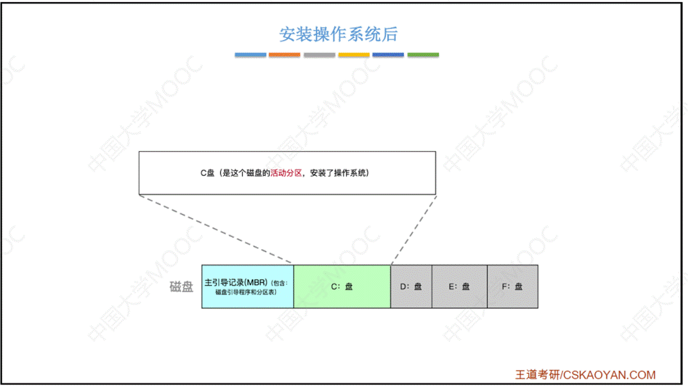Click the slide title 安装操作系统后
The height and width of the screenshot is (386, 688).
point(339,33)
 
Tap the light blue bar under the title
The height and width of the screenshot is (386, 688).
point(251,55)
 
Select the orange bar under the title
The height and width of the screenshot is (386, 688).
point(285,55)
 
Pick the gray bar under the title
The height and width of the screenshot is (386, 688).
point(319,55)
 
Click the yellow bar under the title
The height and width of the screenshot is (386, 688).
point(354,55)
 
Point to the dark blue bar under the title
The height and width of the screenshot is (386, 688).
point(388,55)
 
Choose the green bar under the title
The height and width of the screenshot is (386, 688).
point(423,55)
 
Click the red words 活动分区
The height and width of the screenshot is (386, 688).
point(286,173)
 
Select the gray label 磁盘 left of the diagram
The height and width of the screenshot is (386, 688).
point(181,287)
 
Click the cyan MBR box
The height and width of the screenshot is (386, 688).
point(248,287)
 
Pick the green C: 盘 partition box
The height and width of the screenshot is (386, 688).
point(342,287)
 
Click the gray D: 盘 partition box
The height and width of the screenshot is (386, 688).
point(411,287)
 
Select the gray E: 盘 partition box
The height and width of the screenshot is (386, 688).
point(459,287)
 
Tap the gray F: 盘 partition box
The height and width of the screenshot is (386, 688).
point(512,287)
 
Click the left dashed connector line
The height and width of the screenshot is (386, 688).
point(216,229)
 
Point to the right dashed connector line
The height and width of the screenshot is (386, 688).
point(414,229)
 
